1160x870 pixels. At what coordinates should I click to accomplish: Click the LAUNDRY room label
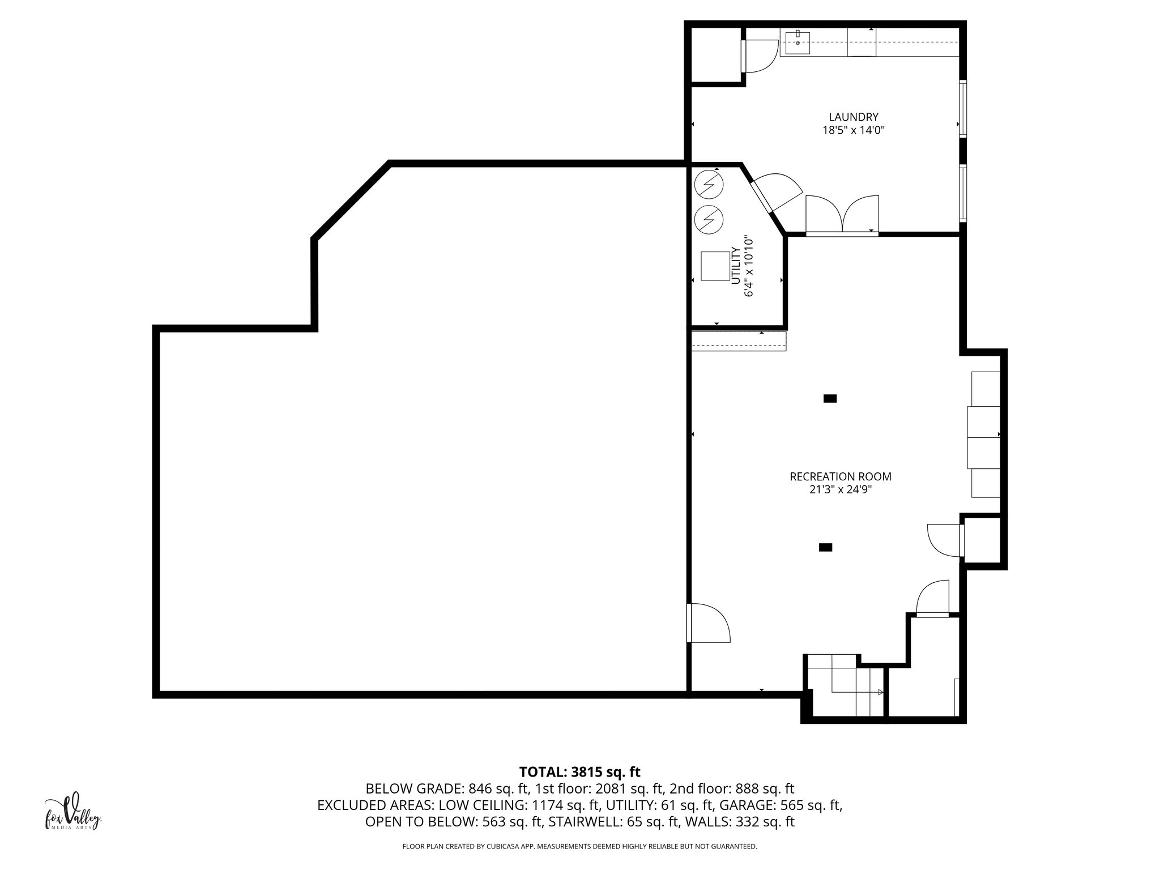[853, 117]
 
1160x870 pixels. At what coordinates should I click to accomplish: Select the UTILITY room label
[735, 266]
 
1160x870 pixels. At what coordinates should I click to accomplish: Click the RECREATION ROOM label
[840, 477]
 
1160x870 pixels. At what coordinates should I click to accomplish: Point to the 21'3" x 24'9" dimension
[840, 491]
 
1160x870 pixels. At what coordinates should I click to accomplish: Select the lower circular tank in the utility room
[708, 219]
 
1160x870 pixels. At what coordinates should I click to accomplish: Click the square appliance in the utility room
[715, 266]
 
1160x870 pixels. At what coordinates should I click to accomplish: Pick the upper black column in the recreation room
[830, 399]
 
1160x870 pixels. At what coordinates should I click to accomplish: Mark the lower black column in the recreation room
[825, 547]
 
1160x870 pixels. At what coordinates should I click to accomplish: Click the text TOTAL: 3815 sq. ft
[579, 772]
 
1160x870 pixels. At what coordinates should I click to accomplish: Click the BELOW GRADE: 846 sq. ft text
[447, 789]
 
